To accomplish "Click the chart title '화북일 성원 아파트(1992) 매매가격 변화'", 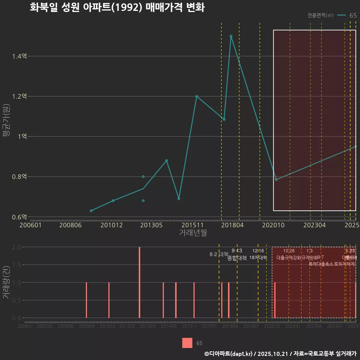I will coord(117,7).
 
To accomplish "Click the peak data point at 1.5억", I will coord(231,36).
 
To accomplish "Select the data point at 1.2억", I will coord(196,96).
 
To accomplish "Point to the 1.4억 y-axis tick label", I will coord(19,56).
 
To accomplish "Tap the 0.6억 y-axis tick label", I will coord(19,217).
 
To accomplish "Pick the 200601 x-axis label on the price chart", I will coord(30,225).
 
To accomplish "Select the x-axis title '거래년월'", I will coord(193,233).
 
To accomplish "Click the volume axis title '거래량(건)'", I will coord(6,282).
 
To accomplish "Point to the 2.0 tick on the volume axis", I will coord(16,247).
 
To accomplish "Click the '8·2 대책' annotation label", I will coord(219,254).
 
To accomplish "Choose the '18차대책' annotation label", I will coord(258,258).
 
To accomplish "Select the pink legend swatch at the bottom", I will coord(187,343).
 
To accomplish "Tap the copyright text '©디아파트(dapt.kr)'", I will coord(229,354).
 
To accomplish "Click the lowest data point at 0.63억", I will coord(91,211).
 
